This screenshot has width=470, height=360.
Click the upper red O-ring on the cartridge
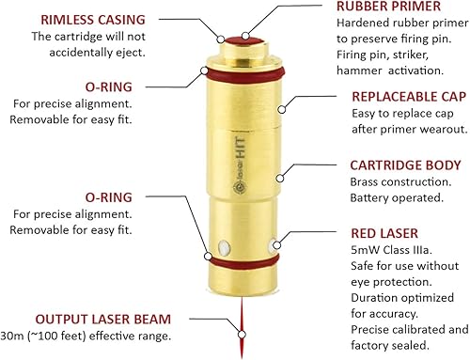[243, 74]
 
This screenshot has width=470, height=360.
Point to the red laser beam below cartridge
[243, 324]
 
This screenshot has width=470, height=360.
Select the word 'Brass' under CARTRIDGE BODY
[367, 181]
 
